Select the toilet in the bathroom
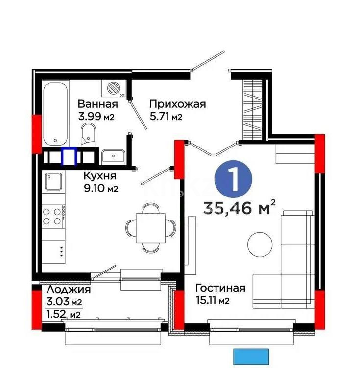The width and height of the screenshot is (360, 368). pos(88,135)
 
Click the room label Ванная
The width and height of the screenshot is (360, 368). pos(97,104)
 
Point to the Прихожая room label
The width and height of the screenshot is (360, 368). pos(177,104)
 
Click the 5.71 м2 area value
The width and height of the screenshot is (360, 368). pos(166,117)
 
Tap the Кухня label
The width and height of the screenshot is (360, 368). pos(99,175)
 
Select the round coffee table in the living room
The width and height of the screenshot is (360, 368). pos(260,244)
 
